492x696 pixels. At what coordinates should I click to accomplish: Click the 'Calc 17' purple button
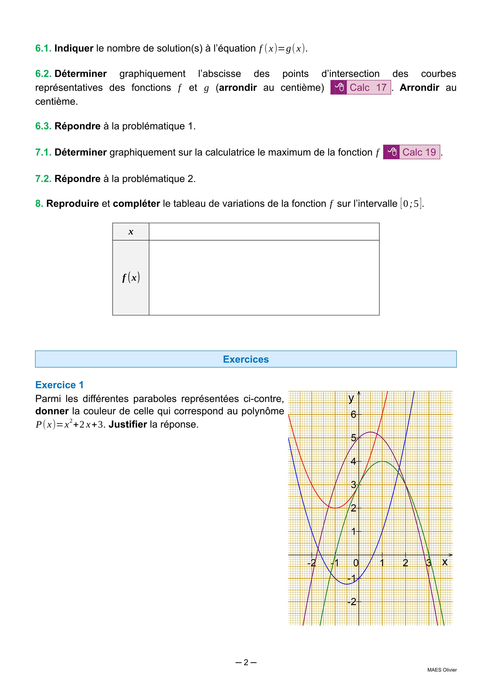point(361,87)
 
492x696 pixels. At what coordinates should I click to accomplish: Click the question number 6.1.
point(43,48)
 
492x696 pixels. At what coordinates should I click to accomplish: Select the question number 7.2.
point(43,179)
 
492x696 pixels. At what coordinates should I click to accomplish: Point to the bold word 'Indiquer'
point(74,48)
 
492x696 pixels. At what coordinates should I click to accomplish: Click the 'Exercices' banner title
point(246,359)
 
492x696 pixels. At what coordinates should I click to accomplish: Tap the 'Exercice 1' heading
point(59,385)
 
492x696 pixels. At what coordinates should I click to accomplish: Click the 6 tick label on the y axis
point(353,414)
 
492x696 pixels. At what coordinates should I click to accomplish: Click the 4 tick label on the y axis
point(353,461)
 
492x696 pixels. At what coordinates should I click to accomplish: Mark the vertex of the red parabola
point(335,508)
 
